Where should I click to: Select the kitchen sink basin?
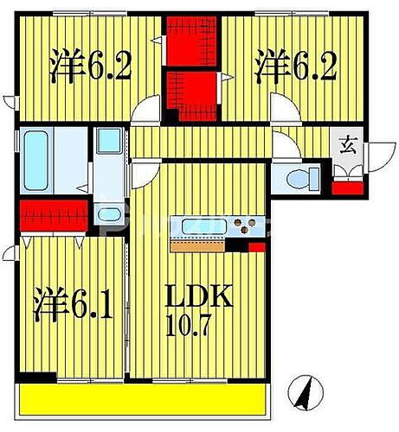click(x=202, y=228)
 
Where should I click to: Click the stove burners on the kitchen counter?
click(x=247, y=228)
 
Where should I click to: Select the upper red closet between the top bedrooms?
click(x=193, y=41)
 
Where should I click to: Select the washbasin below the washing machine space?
click(x=109, y=215)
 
